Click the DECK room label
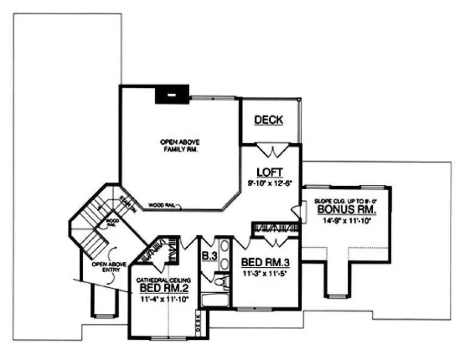click(x=269, y=120)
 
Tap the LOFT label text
click(x=270, y=172)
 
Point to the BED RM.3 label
click(x=264, y=263)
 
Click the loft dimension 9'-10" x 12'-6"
click(x=270, y=183)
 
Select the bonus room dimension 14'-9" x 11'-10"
click(x=346, y=220)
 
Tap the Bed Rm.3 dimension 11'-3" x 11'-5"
click(x=264, y=274)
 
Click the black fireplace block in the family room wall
click(x=172, y=95)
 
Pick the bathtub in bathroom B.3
click(x=215, y=300)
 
